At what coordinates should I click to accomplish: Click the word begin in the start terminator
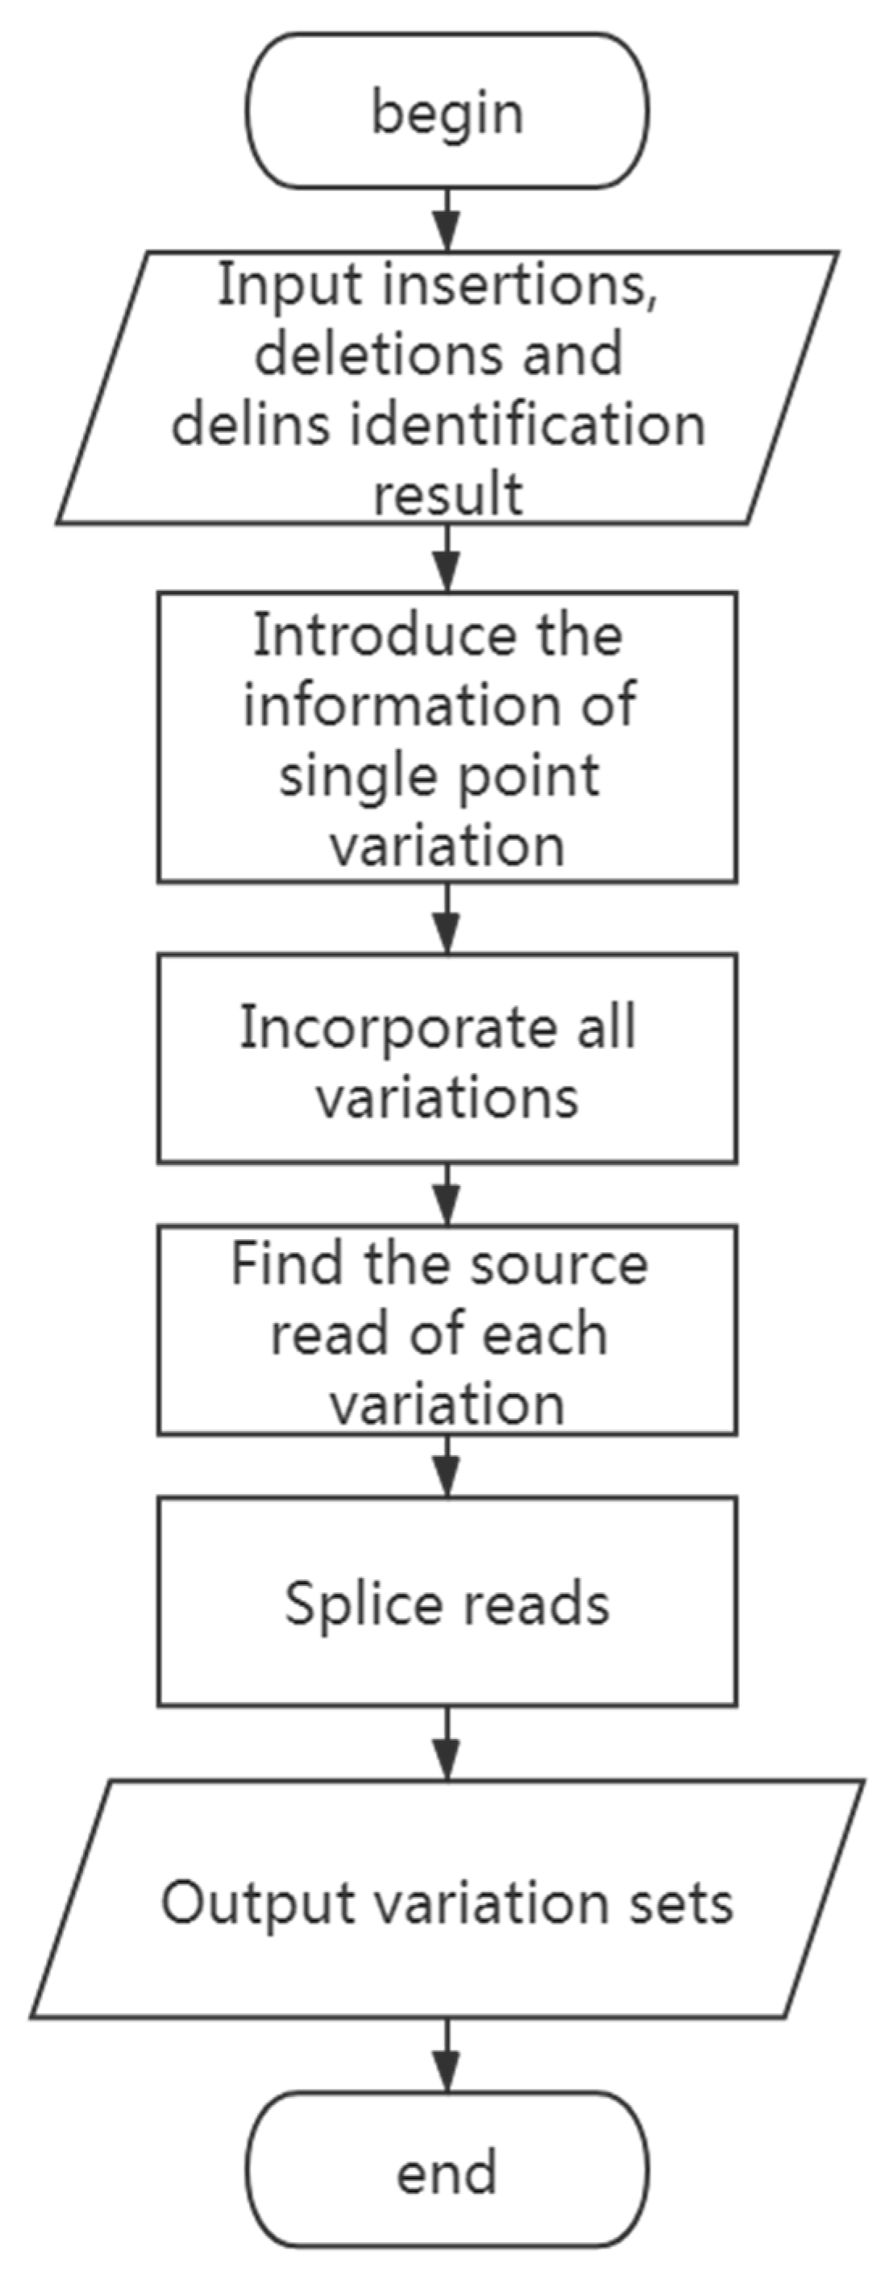pyautogui.click(x=447, y=114)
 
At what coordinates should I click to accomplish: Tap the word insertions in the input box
pyautogui.click(x=517, y=286)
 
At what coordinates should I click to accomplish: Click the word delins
pyautogui.click(x=252, y=424)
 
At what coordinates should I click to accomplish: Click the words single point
pyautogui.click(x=439, y=776)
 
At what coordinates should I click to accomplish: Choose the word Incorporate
pyautogui.click(x=398, y=1029)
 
